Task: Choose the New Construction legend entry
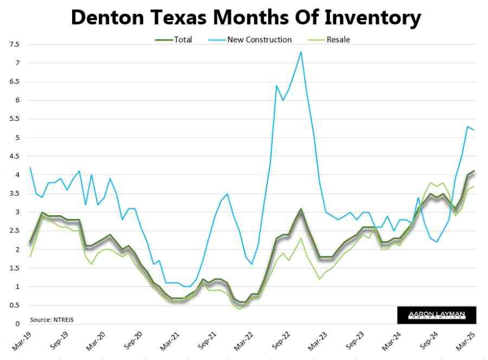tap(259, 40)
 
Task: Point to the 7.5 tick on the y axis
tap(15, 44)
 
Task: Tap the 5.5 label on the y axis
tap(15, 119)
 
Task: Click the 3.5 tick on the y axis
tap(15, 194)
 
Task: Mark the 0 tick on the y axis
tap(17, 324)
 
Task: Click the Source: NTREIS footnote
tap(52, 319)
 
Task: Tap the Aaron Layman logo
tap(436, 314)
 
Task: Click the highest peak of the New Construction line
tap(301, 52)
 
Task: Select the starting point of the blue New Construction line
tap(30, 168)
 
